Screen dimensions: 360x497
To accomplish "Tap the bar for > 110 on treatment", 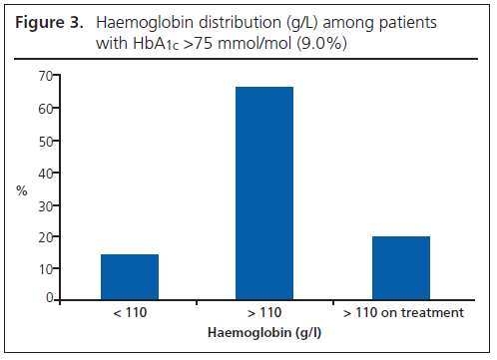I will pos(400,267).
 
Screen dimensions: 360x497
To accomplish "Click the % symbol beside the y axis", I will pos(22,189).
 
